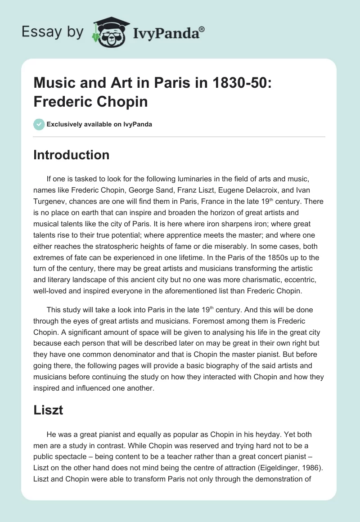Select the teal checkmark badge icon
pos(39,124)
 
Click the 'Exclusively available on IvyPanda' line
pos(99,124)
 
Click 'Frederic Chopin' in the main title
pos(90,101)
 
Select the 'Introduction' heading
pos(72,155)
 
